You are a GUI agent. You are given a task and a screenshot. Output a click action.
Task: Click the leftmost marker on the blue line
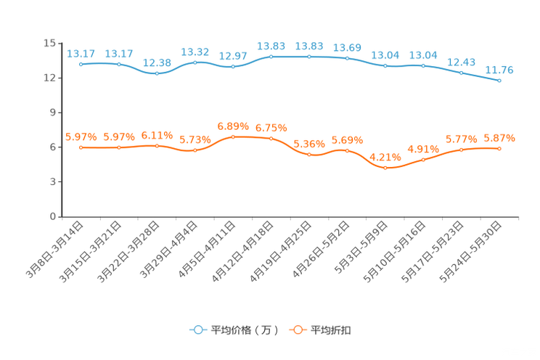pos(81,65)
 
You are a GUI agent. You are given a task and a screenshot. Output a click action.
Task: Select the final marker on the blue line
pos(499,81)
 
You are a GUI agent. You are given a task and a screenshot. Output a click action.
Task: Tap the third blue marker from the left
pos(157,73)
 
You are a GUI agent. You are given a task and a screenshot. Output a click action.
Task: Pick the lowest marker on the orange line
pos(385,168)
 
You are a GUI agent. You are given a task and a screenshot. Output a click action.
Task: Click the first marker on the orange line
pos(81,147)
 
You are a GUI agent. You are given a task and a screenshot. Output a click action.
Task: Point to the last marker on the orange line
pos(499,148)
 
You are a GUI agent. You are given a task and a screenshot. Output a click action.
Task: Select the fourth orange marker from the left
pos(195,151)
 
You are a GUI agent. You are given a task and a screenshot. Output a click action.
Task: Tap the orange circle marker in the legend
pos(297,330)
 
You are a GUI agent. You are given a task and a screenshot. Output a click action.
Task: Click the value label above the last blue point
pos(499,70)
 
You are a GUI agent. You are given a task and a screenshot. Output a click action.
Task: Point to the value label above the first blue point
pos(81,54)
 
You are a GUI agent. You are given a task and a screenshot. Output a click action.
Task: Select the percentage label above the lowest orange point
pos(385,157)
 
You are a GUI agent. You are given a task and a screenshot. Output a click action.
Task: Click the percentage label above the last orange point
pos(499,137)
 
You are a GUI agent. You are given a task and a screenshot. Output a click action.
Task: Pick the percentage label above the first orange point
pos(81,137)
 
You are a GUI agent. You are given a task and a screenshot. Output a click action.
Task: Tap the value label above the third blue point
pos(157,62)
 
